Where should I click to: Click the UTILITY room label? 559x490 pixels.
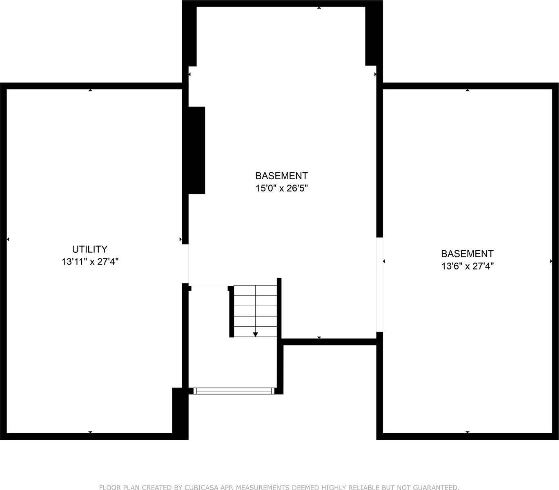coord(90,249)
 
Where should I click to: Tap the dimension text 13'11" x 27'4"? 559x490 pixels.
coord(90,262)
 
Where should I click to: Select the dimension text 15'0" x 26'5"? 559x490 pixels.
coord(281,188)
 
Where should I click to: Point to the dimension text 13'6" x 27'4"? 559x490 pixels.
coord(468,266)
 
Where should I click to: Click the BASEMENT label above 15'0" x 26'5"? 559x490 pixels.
coord(281,176)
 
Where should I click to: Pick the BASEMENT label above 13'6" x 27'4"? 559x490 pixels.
coord(468,254)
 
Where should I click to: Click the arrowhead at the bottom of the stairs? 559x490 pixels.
coord(256,335)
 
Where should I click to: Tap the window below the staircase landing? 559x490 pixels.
coord(234,391)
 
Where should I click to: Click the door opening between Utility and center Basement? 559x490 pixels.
coord(185,264)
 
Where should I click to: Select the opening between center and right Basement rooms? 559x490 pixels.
coord(380,285)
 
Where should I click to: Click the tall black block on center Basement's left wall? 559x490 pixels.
coord(196,150)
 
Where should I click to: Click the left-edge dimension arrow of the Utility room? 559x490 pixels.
coord(8,239)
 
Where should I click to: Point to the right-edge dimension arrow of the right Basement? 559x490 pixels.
coord(551,261)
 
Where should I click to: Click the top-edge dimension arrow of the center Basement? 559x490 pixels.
coord(319,8)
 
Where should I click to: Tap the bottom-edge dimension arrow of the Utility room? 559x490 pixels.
coord(90,432)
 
